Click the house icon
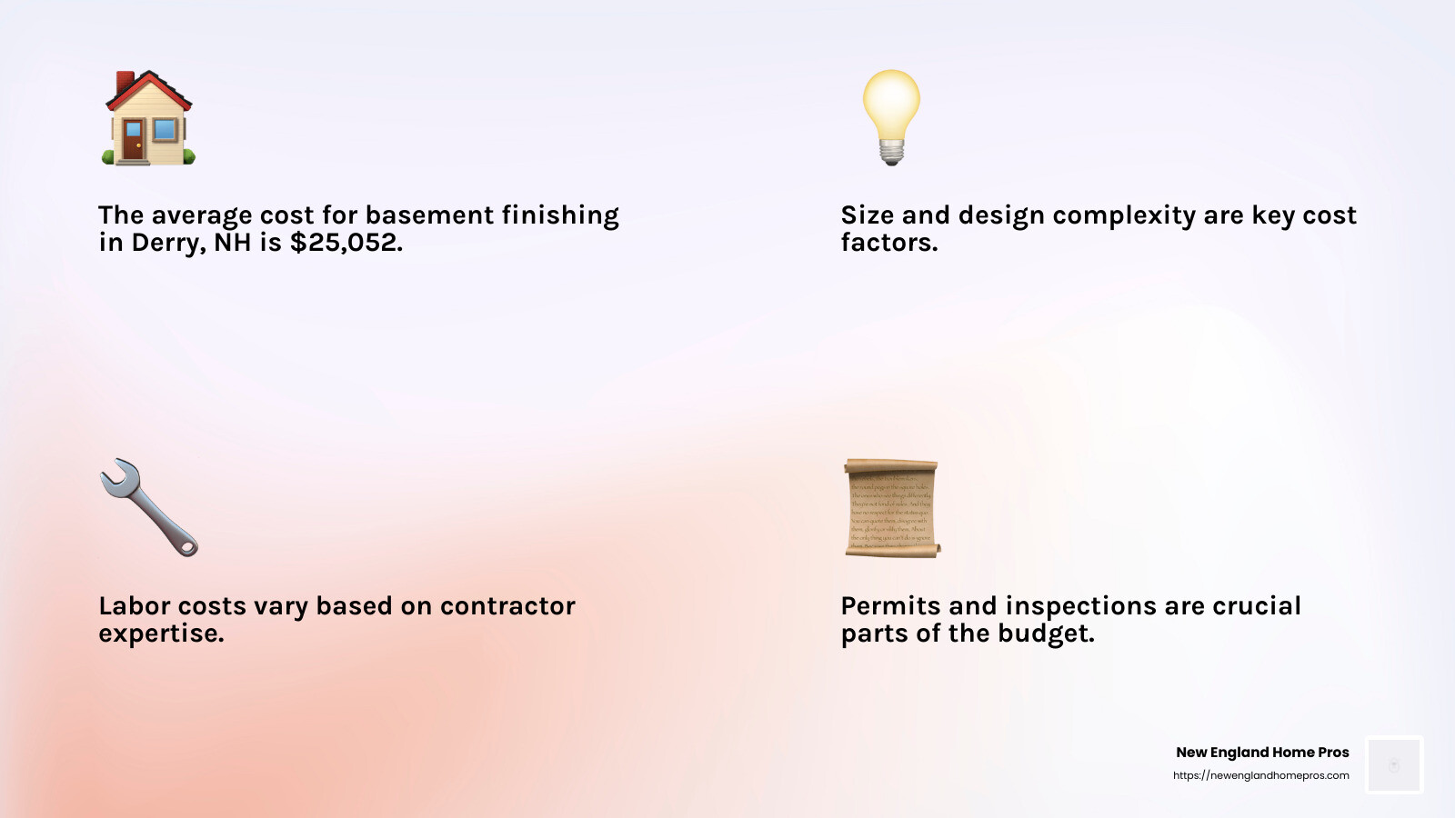pyautogui.click(x=148, y=118)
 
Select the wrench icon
pyautogui.click(x=148, y=507)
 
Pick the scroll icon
pyautogui.click(x=891, y=507)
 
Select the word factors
pyautogui.click(x=888, y=243)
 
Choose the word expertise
pyautogui.click(x=161, y=633)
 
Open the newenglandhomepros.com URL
pyautogui.click(x=1260, y=775)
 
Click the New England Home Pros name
pyautogui.click(x=1262, y=753)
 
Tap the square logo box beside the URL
pyautogui.click(x=1394, y=764)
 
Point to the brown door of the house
pyautogui.click(x=134, y=141)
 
